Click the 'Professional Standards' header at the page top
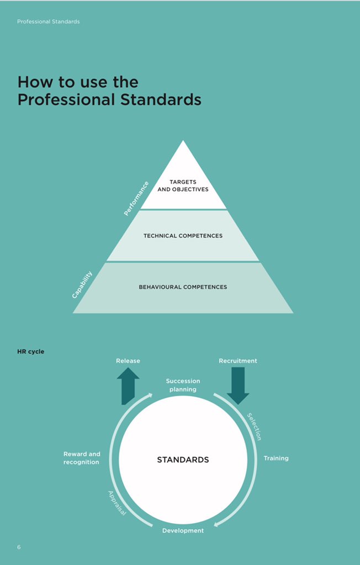[x=49, y=22]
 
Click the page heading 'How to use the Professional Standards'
[x=109, y=91]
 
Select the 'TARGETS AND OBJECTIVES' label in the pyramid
[x=183, y=185]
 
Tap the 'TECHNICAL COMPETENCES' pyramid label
[x=183, y=236]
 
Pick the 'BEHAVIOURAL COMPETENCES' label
[x=183, y=287]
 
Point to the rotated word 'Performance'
[x=136, y=198]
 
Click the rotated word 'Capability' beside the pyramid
[x=82, y=284]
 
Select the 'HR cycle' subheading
[x=31, y=351]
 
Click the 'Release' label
[x=128, y=361]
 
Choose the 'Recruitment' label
[x=238, y=361]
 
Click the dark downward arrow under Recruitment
[x=238, y=385]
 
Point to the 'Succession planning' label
[x=183, y=385]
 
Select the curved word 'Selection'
[x=254, y=427]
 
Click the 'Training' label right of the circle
[x=276, y=459]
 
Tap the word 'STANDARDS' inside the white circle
[x=183, y=460]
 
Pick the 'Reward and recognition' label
[x=82, y=458]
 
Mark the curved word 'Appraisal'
[x=117, y=503]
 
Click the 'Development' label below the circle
[x=183, y=531]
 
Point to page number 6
[x=19, y=547]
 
